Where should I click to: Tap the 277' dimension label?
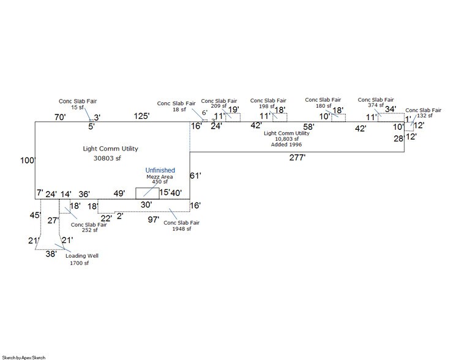[x=297, y=157]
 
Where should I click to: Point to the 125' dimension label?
[x=142, y=116]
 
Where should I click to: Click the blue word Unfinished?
[x=160, y=170]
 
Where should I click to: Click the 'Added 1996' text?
[x=286, y=144]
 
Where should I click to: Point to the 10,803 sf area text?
[x=286, y=139]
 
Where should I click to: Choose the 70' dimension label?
[x=59, y=116]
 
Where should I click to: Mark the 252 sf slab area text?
[x=84, y=230]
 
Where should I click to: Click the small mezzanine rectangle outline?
[x=147, y=193]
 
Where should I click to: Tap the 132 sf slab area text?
[x=425, y=116]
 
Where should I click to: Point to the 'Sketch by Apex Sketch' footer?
[x=23, y=357]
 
